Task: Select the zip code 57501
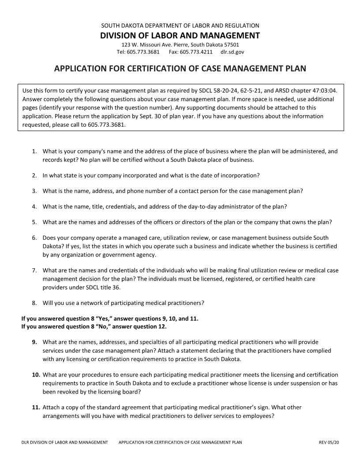tap(232, 45)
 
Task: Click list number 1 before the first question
tap(34, 151)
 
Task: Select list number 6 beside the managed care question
tap(34, 238)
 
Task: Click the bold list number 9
tap(34, 342)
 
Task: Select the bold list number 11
tap(36, 407)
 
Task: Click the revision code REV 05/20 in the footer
tap(329, 442)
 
